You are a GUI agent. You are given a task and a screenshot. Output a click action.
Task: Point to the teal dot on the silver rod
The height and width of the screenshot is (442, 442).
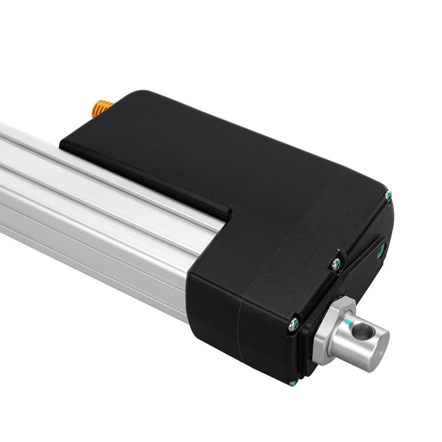pyautogui.click(x=346, y=323)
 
